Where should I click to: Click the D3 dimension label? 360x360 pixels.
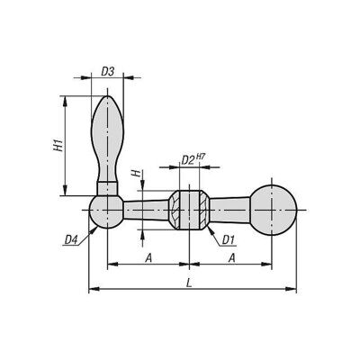[x=108, y=72]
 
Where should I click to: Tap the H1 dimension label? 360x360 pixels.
[x=58, y=145]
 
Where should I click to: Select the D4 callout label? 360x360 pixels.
[x=71, y=239]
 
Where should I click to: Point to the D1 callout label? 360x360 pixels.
[x=228, y=239]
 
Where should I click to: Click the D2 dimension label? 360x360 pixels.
[x=188, y=160]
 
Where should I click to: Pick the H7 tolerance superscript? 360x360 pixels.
[x=202, y=157]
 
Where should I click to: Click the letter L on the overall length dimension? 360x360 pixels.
[x=189, y=283]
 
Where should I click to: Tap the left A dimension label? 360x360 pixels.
[x=148, y=258]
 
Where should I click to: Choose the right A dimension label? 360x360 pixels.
[x=231, y=258]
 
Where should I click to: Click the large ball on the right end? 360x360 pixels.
[x=273, y=210]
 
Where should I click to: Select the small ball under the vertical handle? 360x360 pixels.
[x=106, y=211]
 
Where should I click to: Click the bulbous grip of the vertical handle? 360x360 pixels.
[x=107, y=138]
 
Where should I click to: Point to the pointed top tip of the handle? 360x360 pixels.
[x=107, y=96]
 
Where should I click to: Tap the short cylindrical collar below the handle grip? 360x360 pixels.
[x=107, y=189]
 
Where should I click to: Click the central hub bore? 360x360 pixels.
[x=189, y=210]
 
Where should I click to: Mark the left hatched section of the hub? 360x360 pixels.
[x=174, y=210]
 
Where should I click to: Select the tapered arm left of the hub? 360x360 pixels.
[x=146, y=210]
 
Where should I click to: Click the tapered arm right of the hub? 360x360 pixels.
[x=229, y=210]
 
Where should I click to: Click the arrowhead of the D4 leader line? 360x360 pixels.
[x=95, y=229]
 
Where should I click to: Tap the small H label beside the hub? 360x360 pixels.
[x=137, y=173]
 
